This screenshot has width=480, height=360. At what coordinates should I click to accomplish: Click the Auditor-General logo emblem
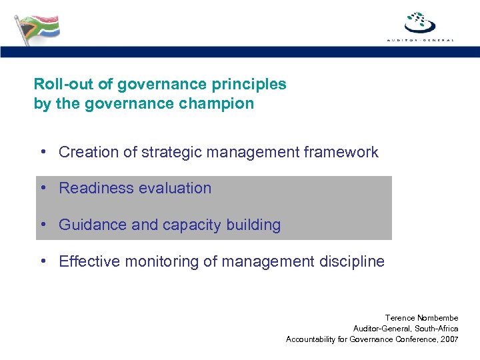(x=420, y=22)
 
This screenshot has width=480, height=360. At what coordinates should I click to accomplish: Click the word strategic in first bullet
(x=172, y=152)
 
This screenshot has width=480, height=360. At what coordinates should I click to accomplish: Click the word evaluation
(x=178, y=189)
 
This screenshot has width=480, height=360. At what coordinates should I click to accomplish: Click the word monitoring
(x=158, y=262)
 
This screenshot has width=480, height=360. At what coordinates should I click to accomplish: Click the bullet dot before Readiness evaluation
(x=43, y=189)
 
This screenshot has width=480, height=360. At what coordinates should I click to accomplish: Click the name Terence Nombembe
(x=421, y=318)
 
